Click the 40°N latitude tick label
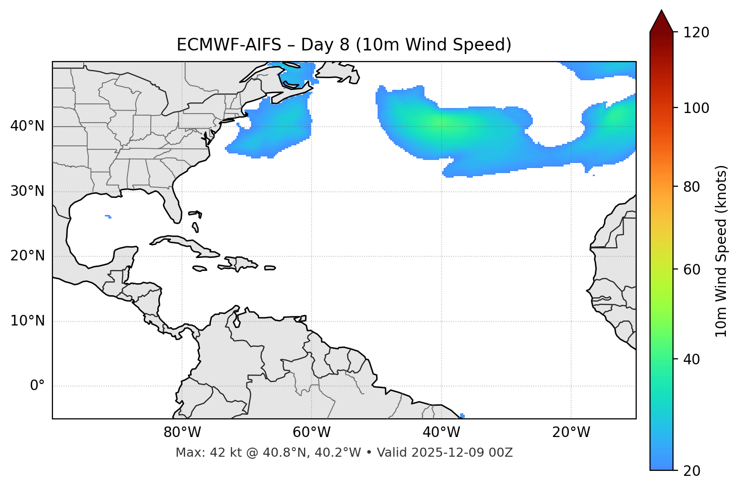[27, 126]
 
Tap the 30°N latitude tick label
[27, 191]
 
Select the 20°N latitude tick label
[27, 256]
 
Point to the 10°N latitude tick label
[27, 321]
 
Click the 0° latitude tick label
[37, 386]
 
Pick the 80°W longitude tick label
[182, 432]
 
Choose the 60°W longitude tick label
[312, 432]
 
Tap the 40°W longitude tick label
[441, 432]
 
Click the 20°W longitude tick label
[571, 432]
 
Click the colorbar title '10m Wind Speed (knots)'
[721, 251]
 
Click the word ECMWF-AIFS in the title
[228, 45]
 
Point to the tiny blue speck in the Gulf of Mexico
[108, 216]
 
